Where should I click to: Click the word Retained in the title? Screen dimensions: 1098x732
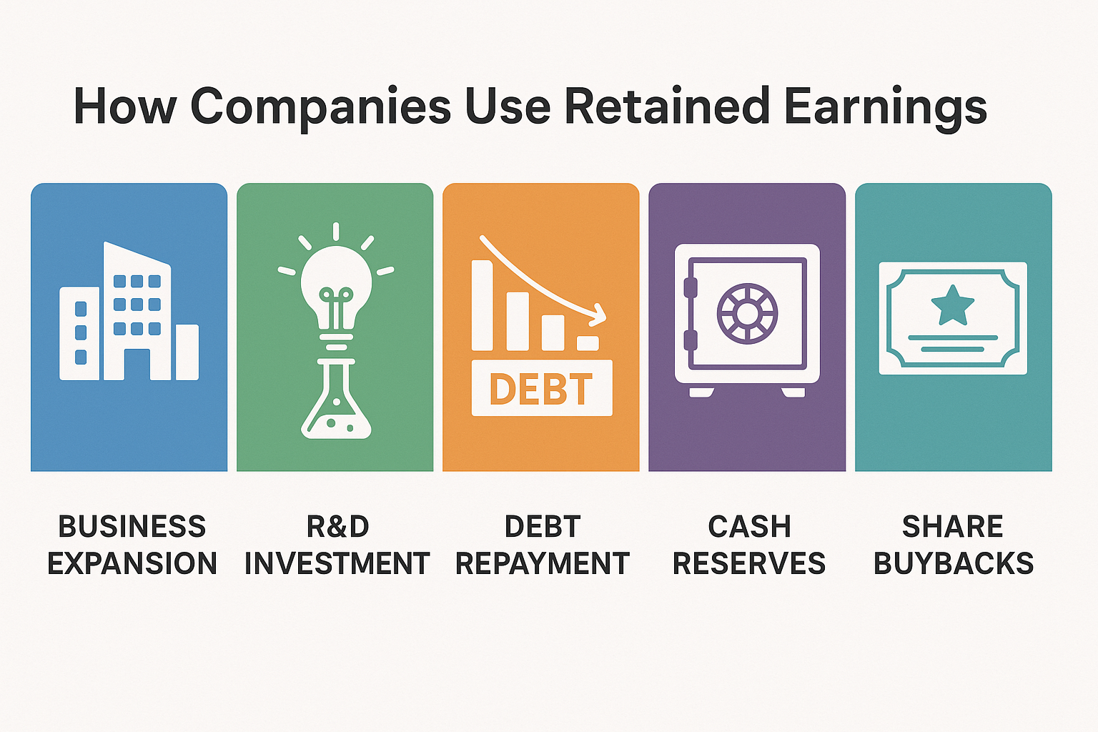(667, 106)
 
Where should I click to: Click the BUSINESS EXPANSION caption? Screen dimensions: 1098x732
(132, 545)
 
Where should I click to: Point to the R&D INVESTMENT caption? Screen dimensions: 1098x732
(337, 545)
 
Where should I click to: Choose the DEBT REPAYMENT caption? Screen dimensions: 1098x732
(543, 545)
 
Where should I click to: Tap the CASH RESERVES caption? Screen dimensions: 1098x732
(749, 545)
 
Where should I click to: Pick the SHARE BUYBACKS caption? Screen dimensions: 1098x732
(954, 545)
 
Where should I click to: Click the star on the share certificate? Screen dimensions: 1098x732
(952, 307)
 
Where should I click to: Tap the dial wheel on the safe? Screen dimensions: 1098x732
(747, 313)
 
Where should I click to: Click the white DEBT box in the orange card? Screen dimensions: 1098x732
(542, 388)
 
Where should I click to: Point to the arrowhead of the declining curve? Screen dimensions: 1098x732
(599, 315)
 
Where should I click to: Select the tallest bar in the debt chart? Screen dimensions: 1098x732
(482, 305)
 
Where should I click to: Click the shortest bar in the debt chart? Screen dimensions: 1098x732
(587, 343)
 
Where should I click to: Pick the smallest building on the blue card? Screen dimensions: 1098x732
(187, 352)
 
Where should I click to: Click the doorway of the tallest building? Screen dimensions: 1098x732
(137, 365)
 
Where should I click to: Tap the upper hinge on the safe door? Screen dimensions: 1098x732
(690, 287)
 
